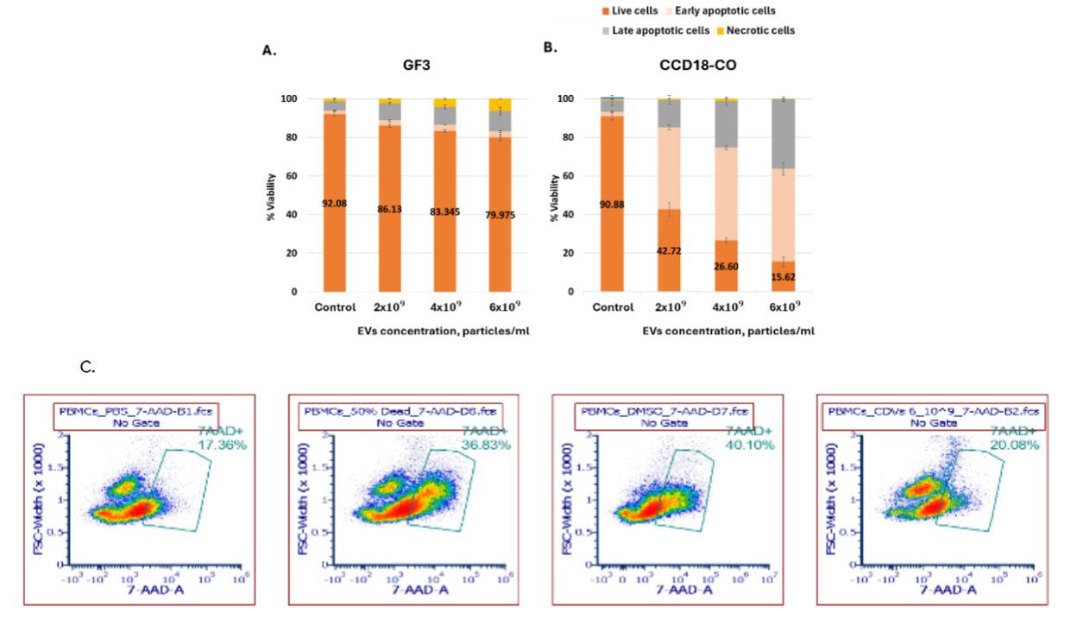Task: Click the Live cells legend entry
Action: tap(633, 11)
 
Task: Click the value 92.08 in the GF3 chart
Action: tap(334, 204)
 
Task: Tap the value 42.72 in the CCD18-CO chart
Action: tap(669, 251)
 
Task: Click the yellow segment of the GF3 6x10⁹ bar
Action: tap(500, 104)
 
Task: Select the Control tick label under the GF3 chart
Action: tap(334, 307)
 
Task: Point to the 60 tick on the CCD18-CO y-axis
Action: tap(566, 176)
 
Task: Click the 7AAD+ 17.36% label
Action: tap(222, 438)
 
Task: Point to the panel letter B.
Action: tap(550, 49)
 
